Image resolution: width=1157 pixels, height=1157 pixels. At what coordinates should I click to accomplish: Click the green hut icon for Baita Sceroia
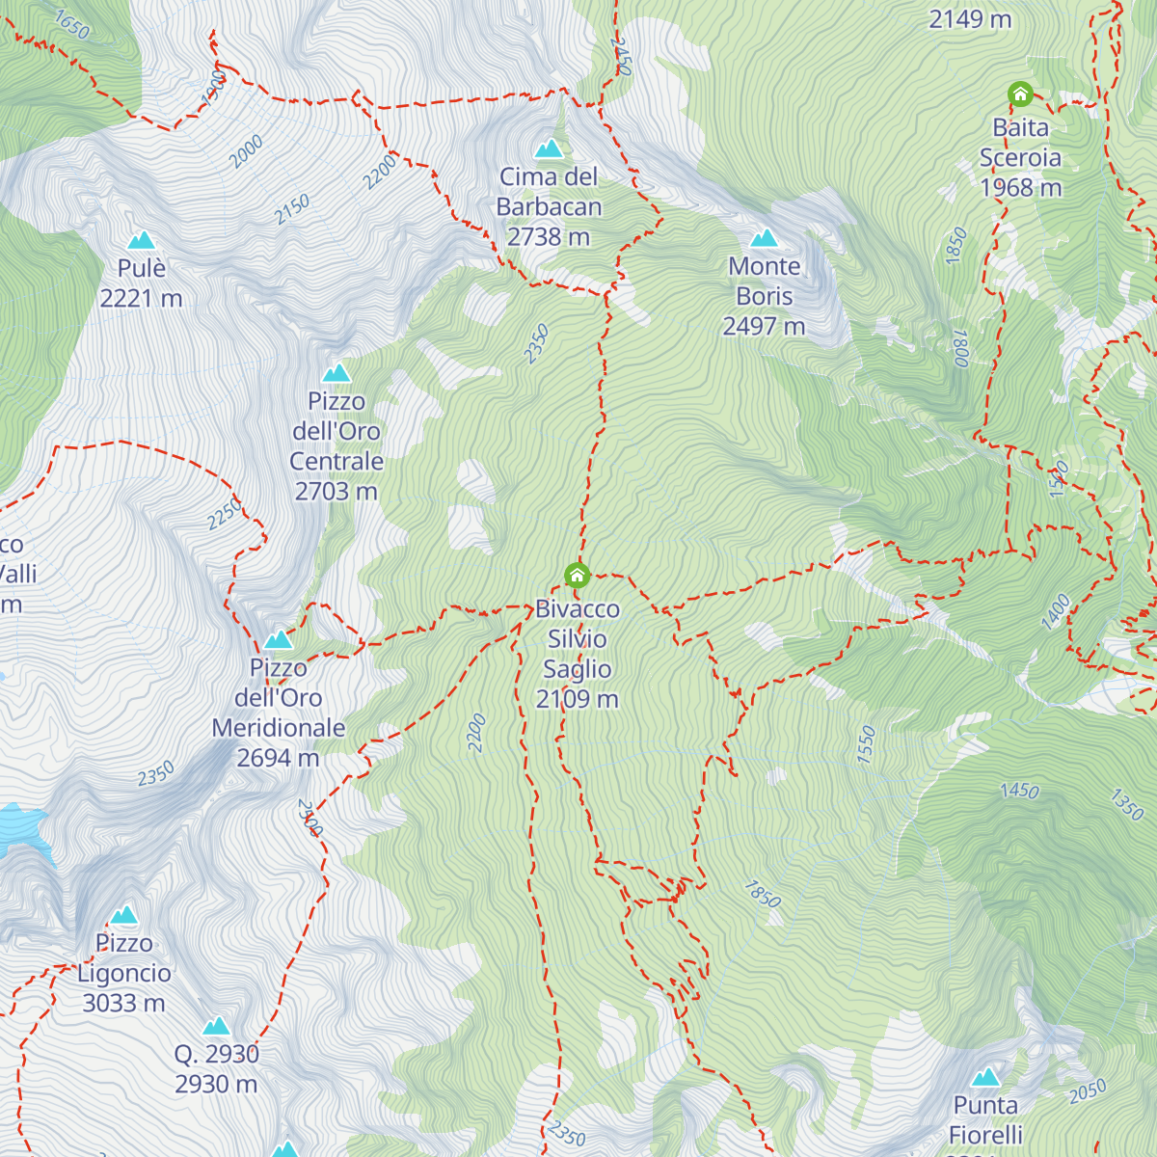coord(1020,94)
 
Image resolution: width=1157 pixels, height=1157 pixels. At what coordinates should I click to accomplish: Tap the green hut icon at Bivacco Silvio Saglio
coord(577,576)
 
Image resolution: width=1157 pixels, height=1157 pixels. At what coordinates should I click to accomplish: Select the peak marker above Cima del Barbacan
coord(549,148)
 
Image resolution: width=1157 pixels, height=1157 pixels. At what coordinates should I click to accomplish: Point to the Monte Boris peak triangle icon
coord(764,238)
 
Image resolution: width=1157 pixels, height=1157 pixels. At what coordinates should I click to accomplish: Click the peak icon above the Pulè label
coord(142,240)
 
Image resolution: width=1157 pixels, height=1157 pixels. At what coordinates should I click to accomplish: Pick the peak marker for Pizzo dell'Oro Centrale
coord(336,373)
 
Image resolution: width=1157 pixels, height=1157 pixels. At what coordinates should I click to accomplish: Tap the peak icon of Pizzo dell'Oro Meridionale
coord(279,639)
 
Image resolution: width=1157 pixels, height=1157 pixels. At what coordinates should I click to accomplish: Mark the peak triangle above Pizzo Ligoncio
coord(123,915)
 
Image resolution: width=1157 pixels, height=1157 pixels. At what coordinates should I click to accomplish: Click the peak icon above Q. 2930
coord(216,1026)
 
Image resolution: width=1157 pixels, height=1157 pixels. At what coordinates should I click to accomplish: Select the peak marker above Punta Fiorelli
coord(985,1077)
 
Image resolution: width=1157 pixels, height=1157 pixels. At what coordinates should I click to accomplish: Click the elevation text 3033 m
coord(123,1004)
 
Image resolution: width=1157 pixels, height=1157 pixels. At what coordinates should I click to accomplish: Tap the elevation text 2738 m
coord(549,237)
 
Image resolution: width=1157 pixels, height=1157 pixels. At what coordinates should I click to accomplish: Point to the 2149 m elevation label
coord(970,19)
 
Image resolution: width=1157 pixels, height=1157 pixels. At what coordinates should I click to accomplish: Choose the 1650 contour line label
coord(71,25)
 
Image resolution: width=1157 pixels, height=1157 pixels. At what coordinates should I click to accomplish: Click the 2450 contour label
coord(622,57)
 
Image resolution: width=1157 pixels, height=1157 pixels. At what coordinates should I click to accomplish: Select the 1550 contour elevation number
coord(867,744)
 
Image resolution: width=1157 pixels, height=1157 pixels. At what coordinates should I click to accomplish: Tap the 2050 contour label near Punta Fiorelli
coord(1088,1091)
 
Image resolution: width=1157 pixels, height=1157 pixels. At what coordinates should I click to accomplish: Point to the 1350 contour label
coord(1126,804)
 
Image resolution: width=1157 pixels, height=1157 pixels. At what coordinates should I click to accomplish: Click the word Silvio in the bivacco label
coord(578,639)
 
